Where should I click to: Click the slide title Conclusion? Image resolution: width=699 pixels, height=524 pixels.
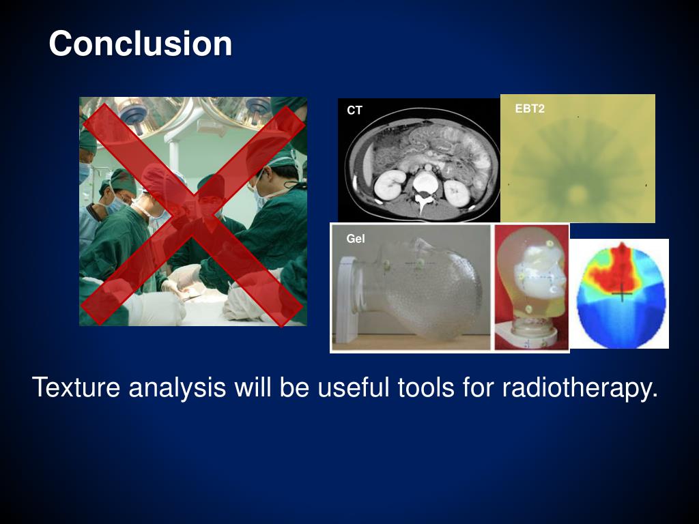tap(141, 43)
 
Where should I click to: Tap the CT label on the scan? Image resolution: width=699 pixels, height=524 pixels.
tap(354, 110)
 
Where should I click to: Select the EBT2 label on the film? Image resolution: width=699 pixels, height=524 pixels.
tap(530, 108)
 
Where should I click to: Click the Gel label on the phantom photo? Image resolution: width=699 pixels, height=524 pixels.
tap(355, 239)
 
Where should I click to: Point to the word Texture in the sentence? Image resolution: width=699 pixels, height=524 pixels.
tap(76, 387)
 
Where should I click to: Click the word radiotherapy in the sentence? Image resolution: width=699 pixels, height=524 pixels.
tap(580, 387)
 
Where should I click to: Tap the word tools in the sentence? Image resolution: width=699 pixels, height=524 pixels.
tap(425, 387)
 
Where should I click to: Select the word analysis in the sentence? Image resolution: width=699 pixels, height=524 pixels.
tap(177, 387)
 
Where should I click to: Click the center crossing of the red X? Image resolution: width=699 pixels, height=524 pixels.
tap(193, 214)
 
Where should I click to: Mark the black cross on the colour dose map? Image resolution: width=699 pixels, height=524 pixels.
tap(623, 293)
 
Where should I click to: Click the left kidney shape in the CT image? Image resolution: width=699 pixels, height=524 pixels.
tap(390, 184)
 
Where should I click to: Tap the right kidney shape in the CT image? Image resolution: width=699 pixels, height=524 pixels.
tap(457, 193)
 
